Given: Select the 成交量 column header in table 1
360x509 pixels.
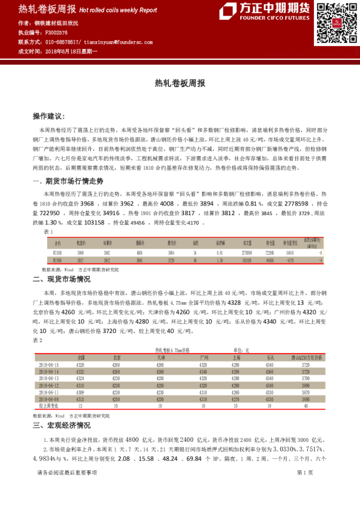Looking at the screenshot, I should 247,243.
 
